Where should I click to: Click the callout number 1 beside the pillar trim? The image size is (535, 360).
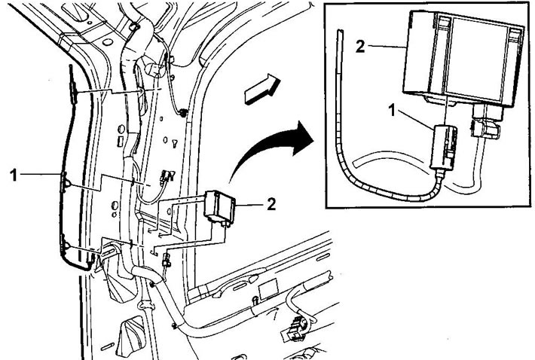(x=14, y=175)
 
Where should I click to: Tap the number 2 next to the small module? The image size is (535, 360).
(x=271, y=205)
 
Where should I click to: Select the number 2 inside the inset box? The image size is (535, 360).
(x=360, y=46)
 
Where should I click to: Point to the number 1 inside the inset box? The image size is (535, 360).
(x=393, y=111)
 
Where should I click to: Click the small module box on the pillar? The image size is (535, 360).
(x=219, y=208)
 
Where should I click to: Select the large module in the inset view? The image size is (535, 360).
(x=463, y=58)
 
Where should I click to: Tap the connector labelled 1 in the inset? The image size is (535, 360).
(x=444, y=148)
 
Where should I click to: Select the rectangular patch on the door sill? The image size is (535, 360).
(x=268, y=288)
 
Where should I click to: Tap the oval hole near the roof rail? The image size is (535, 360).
(x=108, y=42)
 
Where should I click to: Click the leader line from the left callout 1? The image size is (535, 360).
(x=40, y=174)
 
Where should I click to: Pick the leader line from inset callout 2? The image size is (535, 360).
(x=387, y=46)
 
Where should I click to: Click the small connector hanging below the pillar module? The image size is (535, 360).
(x=167, y=260)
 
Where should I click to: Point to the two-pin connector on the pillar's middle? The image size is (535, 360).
(x=167, y=176)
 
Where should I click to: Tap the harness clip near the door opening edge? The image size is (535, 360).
(x=183, y=112)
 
